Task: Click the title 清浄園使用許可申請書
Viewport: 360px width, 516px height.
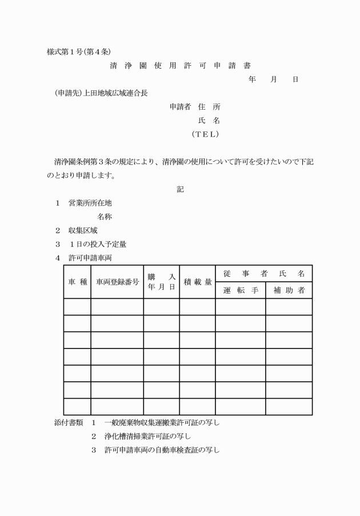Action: tap(180, 66)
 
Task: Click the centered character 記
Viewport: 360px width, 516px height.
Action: tap(180, 189)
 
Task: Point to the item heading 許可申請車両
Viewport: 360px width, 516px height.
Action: tap(90, 258)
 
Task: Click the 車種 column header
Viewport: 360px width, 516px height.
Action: tap(77, 282)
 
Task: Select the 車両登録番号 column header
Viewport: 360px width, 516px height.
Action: tap(117, 282)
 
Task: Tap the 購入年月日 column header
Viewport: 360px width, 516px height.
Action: tap(161, 282)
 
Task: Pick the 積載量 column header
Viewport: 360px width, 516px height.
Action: tap(197, 282)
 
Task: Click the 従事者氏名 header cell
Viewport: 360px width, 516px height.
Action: tap(263, 274)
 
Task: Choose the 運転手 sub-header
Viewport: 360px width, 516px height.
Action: tap(240, 290)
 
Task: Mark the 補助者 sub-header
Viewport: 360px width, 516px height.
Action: tap(289, 290)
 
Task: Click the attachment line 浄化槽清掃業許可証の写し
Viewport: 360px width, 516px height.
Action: tap(147, 436)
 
